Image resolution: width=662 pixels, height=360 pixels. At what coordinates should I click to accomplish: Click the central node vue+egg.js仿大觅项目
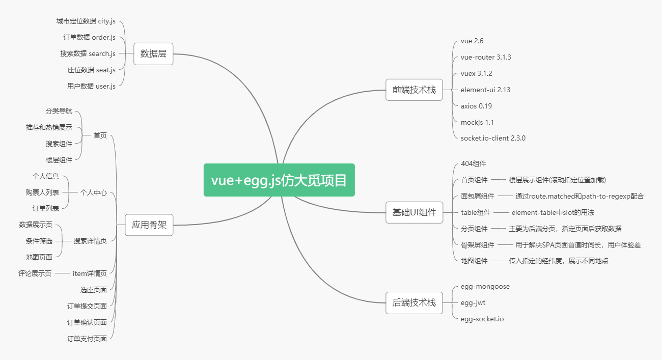tap(279, 180)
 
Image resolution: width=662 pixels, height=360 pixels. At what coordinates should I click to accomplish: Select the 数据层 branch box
tap(153, 53)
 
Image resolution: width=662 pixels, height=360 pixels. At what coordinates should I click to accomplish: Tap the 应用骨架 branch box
tap(149, 225)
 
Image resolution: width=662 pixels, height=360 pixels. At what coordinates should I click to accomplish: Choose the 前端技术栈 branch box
tap(414, 90)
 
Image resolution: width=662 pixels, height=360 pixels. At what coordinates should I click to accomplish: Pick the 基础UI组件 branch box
tap(414, 212)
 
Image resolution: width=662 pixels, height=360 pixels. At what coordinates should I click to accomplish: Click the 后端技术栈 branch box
tap(414, 302)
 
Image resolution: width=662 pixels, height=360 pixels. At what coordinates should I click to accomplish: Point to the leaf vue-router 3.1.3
tap(486, 57)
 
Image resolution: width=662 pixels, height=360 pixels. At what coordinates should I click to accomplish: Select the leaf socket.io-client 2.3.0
tap(493, 138)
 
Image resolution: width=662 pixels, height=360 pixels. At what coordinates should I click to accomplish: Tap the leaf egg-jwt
tap(473, 302)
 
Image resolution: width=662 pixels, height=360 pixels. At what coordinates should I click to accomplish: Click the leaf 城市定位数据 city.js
tap(86, 21)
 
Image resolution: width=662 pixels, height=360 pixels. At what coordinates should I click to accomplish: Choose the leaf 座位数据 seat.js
tap(91, 70)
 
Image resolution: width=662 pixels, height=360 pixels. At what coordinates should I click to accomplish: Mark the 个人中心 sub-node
tap(94, 192)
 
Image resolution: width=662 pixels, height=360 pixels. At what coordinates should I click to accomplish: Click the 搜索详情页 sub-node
tap(90, 241)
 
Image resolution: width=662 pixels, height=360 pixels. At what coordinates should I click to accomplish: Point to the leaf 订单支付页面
tap(87, 339)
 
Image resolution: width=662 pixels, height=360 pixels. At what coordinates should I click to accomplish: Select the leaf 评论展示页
tap(35, 273)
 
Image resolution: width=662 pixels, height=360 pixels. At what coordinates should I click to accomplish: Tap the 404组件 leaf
tap(474, 163)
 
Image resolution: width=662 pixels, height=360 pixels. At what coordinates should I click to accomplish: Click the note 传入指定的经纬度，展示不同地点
tap(559, 261)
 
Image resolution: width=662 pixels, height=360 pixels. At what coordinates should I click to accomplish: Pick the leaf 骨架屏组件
tap(478, 244)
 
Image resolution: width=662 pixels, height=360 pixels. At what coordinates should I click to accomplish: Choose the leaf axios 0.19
tap(476, 106)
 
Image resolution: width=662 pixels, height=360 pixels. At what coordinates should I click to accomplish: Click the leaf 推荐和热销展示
tap(49, 127)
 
